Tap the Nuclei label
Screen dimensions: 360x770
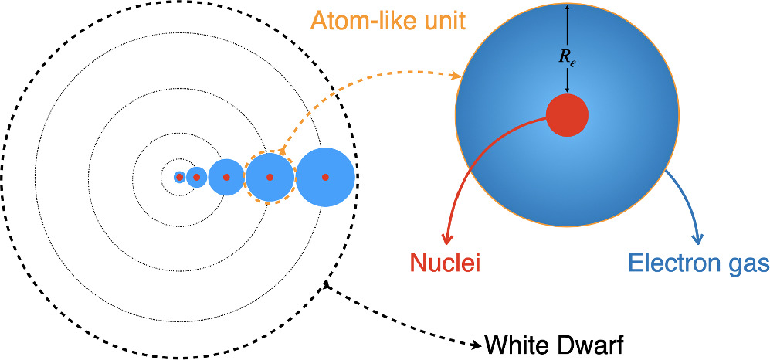pyautogui.click(x=444, y=263)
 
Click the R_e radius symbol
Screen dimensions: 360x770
pyautogui.click(x=568, y=56)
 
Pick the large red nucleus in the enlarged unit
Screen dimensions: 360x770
pyautogui.click(x=568, y=116)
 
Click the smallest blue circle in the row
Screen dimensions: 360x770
pyautogui.click(x=180, y=178)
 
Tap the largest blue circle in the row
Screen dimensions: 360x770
pyautogui.click(x=325, y=177)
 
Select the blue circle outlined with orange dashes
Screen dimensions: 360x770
pyautogui.click(x=270, y=177)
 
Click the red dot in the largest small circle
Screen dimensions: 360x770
pyautogui.click(x=325, y=177)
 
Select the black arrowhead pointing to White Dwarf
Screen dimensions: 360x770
pyautogui.click(x=471, y=342)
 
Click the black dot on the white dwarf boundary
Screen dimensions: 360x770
pyautogui.click(x=327, y=286)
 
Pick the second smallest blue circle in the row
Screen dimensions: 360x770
pyautogui.click(x=197, y=178)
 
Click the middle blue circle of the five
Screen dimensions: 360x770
pyautogui.click(x=226, y=177)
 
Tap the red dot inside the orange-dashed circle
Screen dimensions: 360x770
pyautogui.click(x=270, y=177)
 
